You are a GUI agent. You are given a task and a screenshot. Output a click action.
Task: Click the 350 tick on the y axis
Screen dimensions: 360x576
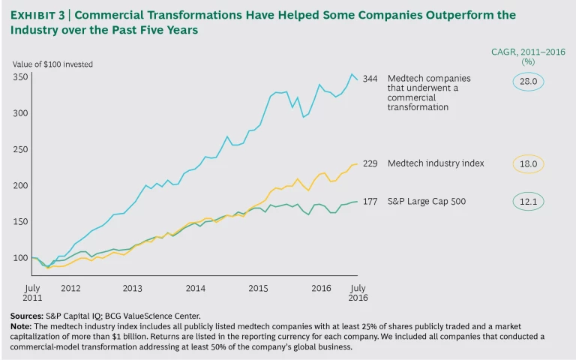tap(21, 77)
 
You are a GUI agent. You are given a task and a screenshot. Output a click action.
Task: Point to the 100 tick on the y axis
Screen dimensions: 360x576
tap(21, 258)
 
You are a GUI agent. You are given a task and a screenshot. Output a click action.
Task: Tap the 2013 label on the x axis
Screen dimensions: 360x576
tap(132, 288)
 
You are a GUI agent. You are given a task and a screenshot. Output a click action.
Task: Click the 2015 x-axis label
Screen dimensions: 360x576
tap(259, 288)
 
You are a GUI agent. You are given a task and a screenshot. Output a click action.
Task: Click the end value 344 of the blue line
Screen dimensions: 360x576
tap(370, 79)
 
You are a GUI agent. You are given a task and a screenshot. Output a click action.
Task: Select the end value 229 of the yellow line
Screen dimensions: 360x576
tap(370, 163)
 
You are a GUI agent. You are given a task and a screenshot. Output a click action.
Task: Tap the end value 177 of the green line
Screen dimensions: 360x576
tap(370, 200)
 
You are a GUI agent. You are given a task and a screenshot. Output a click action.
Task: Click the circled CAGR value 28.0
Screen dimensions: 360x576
tap(528, 80)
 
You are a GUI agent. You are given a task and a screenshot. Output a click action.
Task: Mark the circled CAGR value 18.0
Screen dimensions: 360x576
tap(528, 163)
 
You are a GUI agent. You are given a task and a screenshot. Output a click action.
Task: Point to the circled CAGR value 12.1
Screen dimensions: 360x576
tap(528, 201)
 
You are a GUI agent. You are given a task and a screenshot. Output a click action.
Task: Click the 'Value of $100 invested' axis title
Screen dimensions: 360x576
tap(52, 64)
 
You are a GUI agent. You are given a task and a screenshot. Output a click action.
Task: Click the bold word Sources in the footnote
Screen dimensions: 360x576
tap(26, 316)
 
